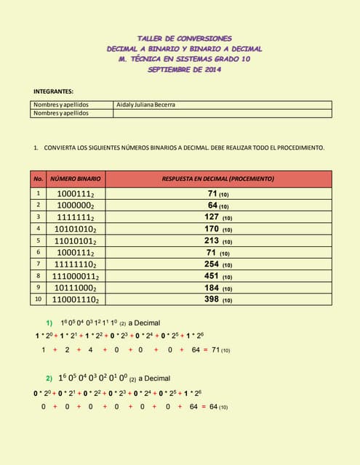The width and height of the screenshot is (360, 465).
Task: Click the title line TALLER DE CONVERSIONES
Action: [185, 38]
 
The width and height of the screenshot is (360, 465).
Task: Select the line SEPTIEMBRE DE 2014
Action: [185, 70]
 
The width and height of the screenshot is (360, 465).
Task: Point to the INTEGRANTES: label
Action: [55, 91]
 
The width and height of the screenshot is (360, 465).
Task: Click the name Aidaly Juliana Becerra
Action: [145, 105]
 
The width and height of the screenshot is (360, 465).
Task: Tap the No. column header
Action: [39, 178]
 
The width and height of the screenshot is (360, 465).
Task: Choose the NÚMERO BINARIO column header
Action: [75, 178]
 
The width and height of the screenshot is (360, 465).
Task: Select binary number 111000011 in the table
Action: [75, 276]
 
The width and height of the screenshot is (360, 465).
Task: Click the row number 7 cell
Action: [39, 264]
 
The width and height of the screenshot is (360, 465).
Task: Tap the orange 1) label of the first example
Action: [49, 322]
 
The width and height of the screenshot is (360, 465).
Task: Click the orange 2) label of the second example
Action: [49, 378]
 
